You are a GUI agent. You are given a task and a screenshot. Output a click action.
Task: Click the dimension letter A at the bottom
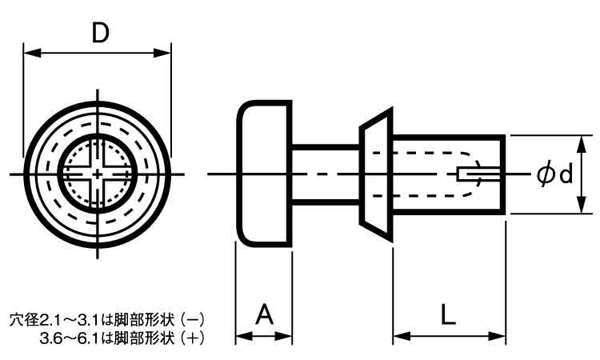[x=264, y=314]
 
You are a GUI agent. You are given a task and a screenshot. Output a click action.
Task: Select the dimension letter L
[x=449, y=314]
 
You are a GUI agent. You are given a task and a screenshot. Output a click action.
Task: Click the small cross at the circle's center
[x=98, y=174]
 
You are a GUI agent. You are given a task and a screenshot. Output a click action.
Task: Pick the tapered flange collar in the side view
[x=376, y=174]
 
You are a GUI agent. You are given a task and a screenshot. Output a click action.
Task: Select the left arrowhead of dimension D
[x=29, y=54]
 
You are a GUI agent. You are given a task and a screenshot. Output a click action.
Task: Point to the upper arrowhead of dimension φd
[x=582, y=140]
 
